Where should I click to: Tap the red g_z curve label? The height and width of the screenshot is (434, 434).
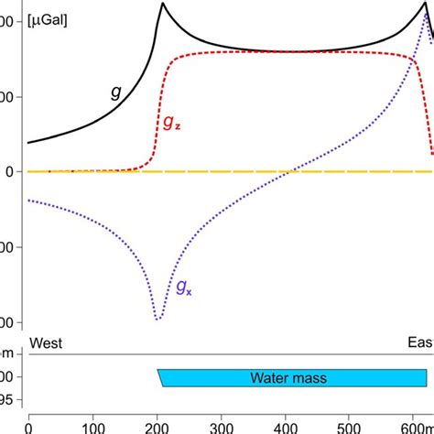[171, 124]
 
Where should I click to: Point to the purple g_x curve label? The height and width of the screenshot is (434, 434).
[183, 289]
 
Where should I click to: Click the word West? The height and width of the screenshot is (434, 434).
[48, 343]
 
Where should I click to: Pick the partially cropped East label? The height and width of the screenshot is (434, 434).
[420, 343]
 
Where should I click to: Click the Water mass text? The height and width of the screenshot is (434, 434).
[288, 377]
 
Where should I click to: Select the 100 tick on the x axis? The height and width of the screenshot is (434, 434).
[93, 425]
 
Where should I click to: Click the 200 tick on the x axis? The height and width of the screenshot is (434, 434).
[157, 425]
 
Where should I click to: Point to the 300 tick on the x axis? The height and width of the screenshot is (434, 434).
[222, 425]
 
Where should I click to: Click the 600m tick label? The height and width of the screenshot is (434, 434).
[412, 425]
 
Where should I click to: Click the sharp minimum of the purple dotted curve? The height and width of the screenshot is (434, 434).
[158, 320]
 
